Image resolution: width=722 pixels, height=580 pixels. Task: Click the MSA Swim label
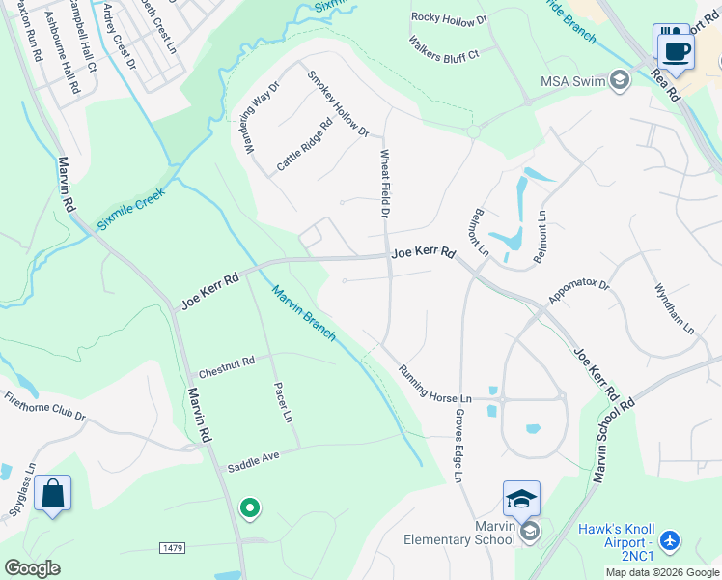(571, 79)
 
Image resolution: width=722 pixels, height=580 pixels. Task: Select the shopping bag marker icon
(53, 494)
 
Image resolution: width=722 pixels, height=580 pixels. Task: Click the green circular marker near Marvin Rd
(249, 507)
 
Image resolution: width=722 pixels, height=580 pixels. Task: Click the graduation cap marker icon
(521, 500)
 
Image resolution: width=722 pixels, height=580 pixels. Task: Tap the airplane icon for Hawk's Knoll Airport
(673, 538)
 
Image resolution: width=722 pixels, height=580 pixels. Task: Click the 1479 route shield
(172, 548)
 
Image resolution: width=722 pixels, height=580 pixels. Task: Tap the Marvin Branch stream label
(303, 311)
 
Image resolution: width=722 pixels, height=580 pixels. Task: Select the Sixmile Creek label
(130, 209)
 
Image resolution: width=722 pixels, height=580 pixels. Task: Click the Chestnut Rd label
(226, 366)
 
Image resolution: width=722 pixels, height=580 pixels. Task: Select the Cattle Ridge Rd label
(304, 145)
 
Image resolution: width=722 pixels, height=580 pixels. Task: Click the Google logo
(32, 568)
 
